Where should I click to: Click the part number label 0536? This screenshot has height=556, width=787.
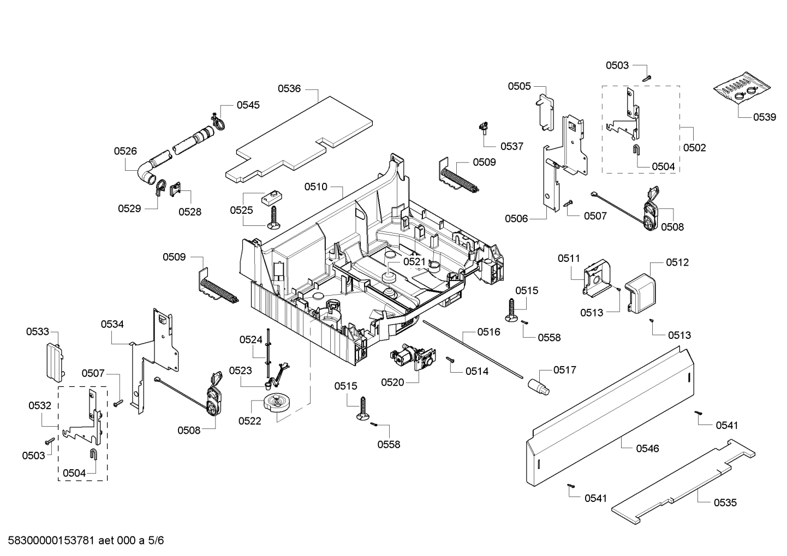289,88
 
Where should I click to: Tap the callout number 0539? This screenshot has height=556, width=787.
764,117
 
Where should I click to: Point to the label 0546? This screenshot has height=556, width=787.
647,449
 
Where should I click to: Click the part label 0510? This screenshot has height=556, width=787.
315,187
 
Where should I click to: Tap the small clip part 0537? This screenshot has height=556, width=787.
482,129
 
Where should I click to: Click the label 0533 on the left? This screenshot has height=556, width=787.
38,331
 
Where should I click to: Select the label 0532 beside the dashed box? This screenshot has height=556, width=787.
40,405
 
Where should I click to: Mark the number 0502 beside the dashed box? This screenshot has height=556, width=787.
694,147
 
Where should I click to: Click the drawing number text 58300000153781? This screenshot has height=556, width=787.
49,541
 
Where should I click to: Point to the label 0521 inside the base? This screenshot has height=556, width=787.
414,262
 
